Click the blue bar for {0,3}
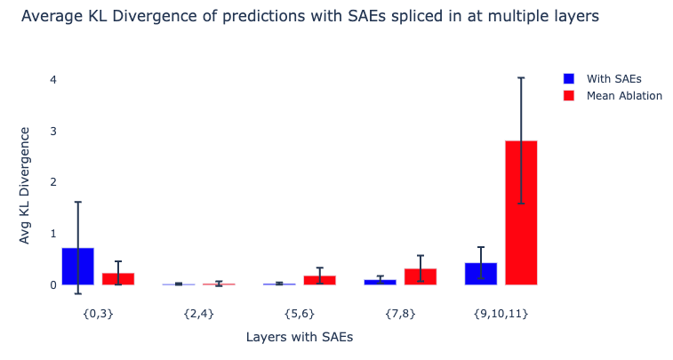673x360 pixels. coord(78,267)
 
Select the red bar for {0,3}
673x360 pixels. coord(118,279)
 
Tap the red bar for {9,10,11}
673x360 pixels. coord(521,213)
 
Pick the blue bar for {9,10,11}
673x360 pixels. coord(481,274)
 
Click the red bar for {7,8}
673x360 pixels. coord(421,276)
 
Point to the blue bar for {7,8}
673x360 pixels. coord(381,282)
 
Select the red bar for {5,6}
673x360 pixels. coord(320,280)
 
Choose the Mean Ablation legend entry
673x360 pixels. coord(623,95)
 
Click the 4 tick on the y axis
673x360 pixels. coord(53,80)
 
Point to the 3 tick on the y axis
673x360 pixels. coord(53,132)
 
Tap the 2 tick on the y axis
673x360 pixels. coord(53,182)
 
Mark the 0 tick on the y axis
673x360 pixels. coord(53,285)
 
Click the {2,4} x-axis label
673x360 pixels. coord(198,314)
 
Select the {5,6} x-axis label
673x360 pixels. coord(300,314)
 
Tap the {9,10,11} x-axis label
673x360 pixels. coord(501,314)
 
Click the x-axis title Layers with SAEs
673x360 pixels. coord(300,337)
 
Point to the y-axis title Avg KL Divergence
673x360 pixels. coord(25,185)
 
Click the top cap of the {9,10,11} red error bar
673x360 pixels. coord(521,78)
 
